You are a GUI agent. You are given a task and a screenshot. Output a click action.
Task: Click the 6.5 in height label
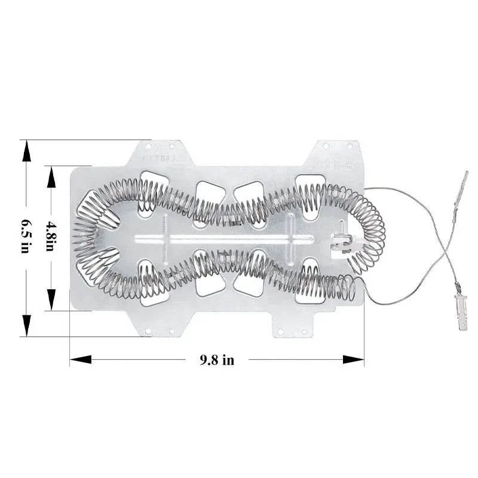[x=25, y=235]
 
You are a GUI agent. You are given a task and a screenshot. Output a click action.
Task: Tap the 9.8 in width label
[x=216, y=359]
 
